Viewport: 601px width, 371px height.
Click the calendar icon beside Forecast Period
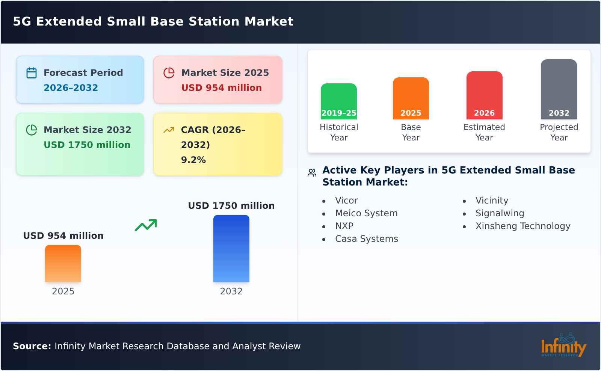tap(32, 73)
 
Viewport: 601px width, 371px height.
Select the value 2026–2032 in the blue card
tap(71, 88)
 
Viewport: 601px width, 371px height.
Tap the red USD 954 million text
tap(221, 88)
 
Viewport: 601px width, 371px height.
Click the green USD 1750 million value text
tap(87, 145)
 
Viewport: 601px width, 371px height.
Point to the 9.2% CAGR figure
tap(193, 160)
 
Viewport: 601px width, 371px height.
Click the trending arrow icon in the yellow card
tap(169, 130)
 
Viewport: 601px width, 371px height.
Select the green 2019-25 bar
tap(338, 101)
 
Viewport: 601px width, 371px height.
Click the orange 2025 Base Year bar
tap(411, 98)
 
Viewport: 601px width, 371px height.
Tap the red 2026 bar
tap(484, 95)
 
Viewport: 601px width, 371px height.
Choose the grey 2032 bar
tap(559, 89)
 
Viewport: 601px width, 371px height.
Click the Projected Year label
tap(559, 132)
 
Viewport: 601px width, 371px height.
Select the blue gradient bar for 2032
tap(231, 249)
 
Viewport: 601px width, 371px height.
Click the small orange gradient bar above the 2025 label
tap(63, 264)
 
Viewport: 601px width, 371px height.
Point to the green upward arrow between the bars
tap(146, 225)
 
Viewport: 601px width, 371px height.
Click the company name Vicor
tap(346, 201)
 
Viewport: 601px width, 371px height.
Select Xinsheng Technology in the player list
tap(522, 226)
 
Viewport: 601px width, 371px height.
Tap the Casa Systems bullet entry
tap(366, 239)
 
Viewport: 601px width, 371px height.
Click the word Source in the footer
tap(32, 346)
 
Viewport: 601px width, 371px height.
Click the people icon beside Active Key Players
tap(312, 173)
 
